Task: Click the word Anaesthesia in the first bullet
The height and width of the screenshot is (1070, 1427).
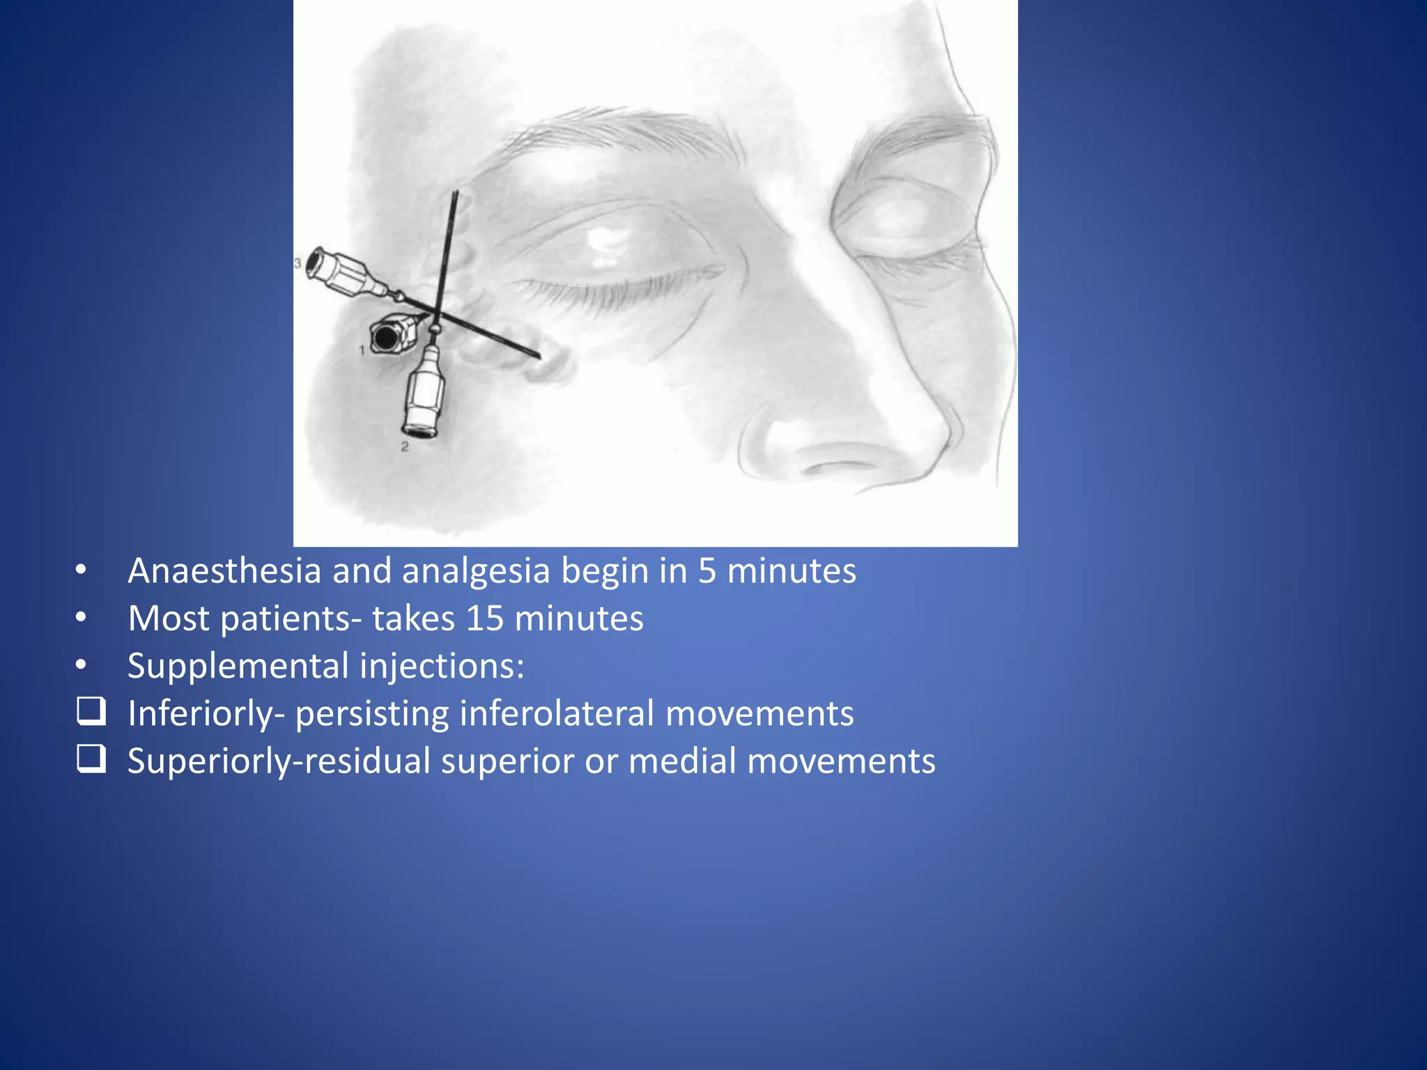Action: (x=224, y=571)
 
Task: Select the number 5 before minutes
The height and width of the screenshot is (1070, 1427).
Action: (x=707, y=571)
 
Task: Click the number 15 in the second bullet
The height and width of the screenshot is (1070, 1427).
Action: (x=484, y=619)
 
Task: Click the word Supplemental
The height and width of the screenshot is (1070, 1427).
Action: (x=238, y=666)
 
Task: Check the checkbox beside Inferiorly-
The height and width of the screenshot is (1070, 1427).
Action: (x=91, y=712)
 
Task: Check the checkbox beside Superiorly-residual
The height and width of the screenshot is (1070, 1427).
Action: (x=91, y=759)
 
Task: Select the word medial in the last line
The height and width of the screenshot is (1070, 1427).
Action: (x=682, y=761)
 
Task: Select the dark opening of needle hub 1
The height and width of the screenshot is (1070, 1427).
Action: (x=384, y=337)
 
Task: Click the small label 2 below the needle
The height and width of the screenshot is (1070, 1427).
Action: (x=405, y=447)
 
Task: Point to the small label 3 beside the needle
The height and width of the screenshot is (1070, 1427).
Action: (x=298, y=263)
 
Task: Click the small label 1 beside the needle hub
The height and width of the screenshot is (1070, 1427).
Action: (x=362, y=350)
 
